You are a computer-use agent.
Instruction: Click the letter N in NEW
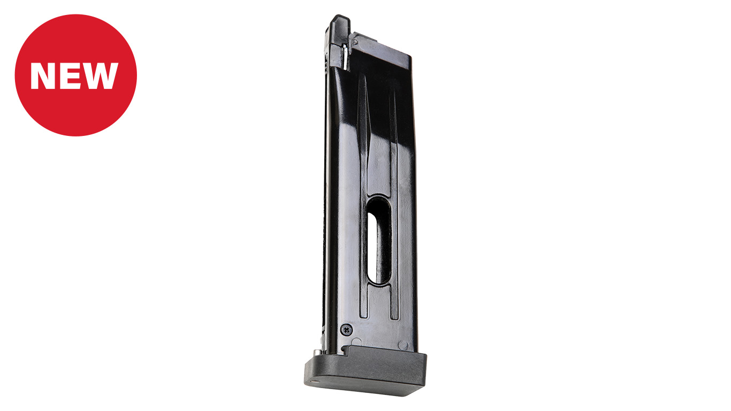[x=43, y=76]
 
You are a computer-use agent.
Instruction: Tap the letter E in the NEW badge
[x=68, y=76]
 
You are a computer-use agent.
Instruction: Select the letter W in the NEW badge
[x=99, y=76]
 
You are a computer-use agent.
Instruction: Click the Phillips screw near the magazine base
[x=346, y=330]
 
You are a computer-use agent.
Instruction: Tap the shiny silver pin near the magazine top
[x=345, y=57]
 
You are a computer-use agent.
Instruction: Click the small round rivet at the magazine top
[x=355, y=42]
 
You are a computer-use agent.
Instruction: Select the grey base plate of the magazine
[x=365, y=371]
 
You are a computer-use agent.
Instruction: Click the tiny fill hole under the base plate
[x=314, y=380]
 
